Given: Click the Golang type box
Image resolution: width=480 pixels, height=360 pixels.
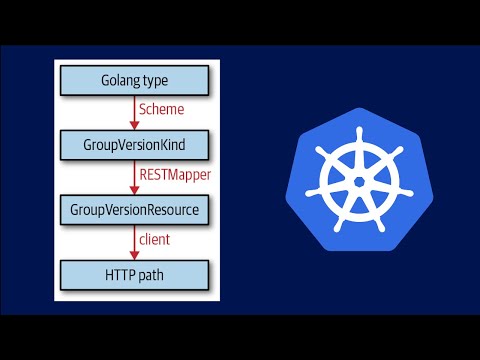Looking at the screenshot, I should click(135, 79).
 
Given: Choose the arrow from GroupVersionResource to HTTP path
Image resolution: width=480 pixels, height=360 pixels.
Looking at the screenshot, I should click(135, 241).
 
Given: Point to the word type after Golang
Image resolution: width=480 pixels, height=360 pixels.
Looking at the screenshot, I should click(157, 79).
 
